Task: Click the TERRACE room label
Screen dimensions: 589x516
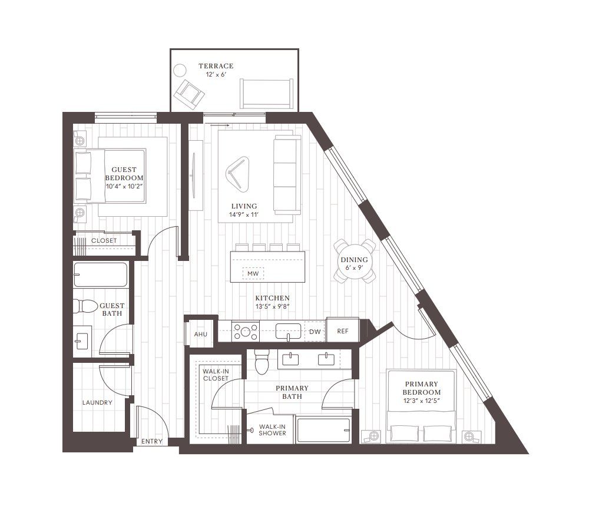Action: pyautogui.click(x=216, y=66)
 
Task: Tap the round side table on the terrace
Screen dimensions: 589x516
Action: pyautogui.click(x=180, y=70)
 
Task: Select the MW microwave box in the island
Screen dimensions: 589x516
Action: pyautogui.click(x=253, y=273)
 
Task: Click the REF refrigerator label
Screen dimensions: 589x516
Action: pyautogui.click(x=343, y=331)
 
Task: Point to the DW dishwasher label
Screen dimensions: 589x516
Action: pyautogui.click(x=315, y=332)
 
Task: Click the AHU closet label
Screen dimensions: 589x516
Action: pyautogui.click(x=201, y=334)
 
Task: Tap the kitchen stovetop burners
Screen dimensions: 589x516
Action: pyautogui.click(x=246, y=332)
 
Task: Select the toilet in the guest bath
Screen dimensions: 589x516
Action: pyautogui.click(x=82, y=306)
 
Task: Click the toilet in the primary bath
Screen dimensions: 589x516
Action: pyautogui.click(x=262, y=362)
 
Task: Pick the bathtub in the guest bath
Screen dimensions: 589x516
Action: pyautogui.click(x=101, y=275)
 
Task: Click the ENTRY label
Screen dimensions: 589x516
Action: pyautogui.click(x=152, y=441)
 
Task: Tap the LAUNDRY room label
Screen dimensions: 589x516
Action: pyautogui.click(x=97, y=402)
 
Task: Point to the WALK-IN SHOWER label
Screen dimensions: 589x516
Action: pyautogui.click(x=272, y=430)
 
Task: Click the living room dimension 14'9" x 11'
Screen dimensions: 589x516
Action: pyautogui.click(x=244, y=215)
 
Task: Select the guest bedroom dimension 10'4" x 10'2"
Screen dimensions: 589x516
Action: pyautogui.click(x=124, y=186)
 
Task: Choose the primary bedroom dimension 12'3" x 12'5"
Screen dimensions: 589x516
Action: pyautogui.click(x=422, y=401)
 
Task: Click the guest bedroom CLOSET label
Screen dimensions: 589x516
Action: pyautogui.click(x=104, y=241)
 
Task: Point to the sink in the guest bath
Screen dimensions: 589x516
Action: pyautogui.click(x=82, y=342)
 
